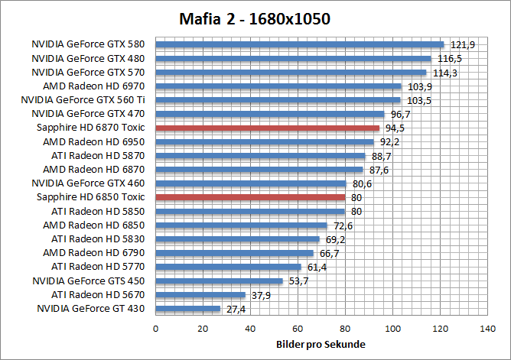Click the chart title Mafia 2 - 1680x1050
255,18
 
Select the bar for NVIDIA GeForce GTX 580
300,44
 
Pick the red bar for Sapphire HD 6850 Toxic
251,197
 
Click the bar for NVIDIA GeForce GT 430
188,309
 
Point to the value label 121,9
463,45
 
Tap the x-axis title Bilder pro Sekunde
320,344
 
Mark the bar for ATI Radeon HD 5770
229,267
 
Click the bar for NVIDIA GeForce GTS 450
220,281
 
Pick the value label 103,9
418,86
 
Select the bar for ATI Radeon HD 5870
261,156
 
